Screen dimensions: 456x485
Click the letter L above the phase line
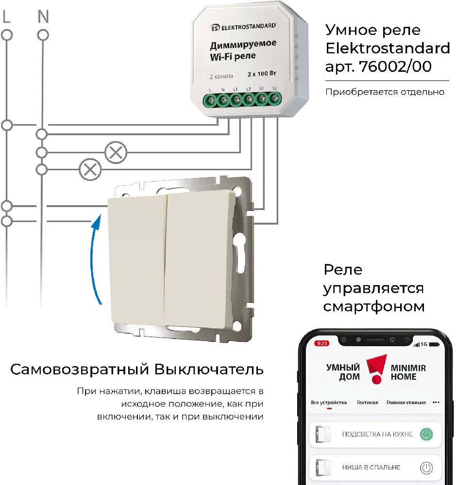point(6,16)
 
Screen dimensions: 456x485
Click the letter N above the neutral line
point(43,16)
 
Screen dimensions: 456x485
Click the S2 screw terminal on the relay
point(274,98)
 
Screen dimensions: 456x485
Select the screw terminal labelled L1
point(236,99)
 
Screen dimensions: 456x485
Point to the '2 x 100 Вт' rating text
point(262,74)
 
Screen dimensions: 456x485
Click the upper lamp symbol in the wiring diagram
point(116,152)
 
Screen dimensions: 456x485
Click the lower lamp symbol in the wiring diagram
point(90,169)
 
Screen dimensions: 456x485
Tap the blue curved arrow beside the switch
point(94,260)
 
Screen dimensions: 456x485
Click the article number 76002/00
point(395,66)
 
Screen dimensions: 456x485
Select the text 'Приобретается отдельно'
point(385,92)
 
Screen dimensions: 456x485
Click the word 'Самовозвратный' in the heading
point(80,369)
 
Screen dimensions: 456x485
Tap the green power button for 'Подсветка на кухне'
point(426,434)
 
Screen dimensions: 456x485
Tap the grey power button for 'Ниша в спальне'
point(426,468)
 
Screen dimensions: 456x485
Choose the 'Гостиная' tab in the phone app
point(368,403)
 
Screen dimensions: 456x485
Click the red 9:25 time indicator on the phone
point(322,343)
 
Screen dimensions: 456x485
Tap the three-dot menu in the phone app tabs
point(436,403)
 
